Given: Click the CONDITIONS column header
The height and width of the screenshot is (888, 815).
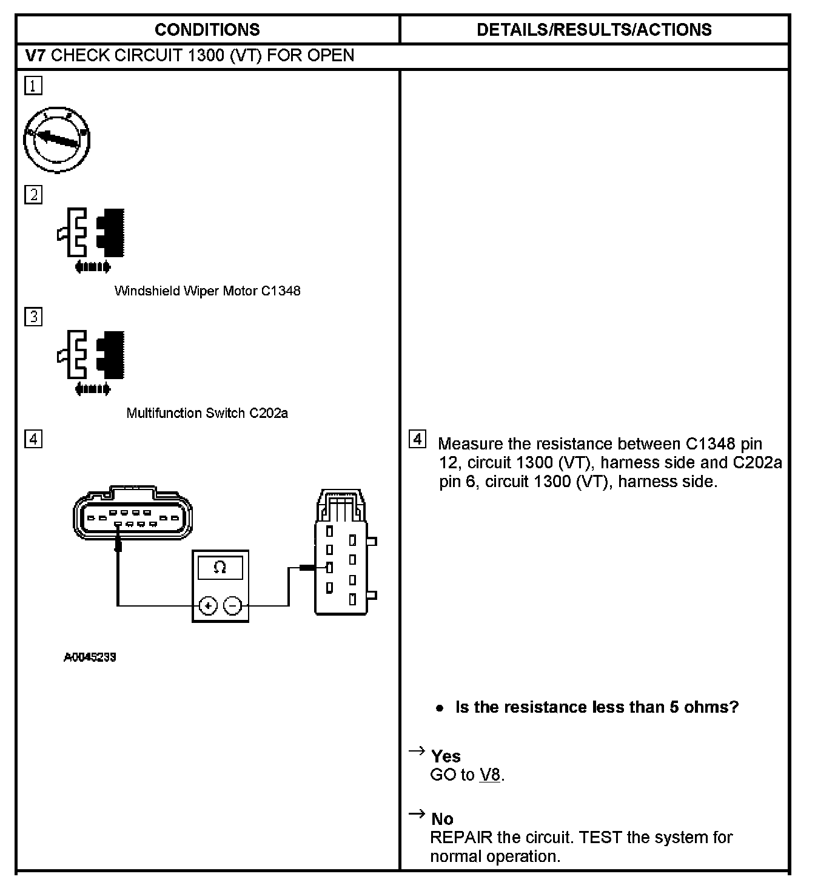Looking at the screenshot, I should pyautogui.click(x=207, y=30).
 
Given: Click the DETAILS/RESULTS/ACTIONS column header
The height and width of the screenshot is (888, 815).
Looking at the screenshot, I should pyautogui.click(x=594, y=30).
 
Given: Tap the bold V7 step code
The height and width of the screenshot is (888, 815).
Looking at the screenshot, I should pyautogui.click(x=36, y=56).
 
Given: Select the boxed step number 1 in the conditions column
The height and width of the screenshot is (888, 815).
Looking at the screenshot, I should pyautogui.click(x=33, y=86).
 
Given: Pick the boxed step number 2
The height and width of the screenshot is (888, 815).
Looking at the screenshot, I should pyautogui.click(x=33, y=195).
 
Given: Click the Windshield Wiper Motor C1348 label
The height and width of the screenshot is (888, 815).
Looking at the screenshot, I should pyautogui.click(x=207, y=291).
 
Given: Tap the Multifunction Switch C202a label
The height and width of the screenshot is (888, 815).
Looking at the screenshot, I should pyautogui.click(x=207, y=413).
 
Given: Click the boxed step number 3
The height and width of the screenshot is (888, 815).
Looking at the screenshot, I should pyautogui.click(x=33, y=317).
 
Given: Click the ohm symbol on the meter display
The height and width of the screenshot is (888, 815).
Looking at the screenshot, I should pyautogui.click(x=220, y=568).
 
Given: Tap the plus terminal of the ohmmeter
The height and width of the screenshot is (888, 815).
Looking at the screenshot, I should pyautogui.click(x=208, y=605).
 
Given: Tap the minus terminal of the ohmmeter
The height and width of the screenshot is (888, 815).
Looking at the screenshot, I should pyautogui.click(x=233, y=605).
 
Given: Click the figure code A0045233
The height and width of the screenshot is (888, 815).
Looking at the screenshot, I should pyautogui.click(x=90, y=657).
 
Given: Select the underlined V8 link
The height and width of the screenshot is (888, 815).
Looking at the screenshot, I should pyautogui.click(x=490, y=775).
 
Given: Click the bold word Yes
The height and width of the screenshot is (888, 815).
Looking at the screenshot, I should pyautogui.click(x=446, y=756).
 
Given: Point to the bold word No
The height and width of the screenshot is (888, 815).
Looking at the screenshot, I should pyautogui.click(x=442, y=819).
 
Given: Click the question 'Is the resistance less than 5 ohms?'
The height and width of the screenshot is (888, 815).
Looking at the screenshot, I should pyautogui.click(x=597, y=707).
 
